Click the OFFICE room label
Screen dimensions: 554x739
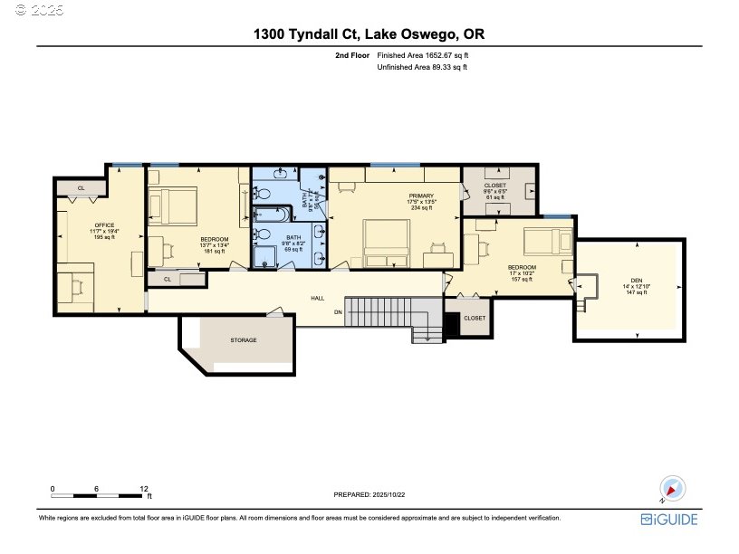pyautogui.click(x=104, y=224)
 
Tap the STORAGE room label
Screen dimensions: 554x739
pyautogui.click(x=244, y=340)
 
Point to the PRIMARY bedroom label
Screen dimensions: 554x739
pyautogui.click(x=421, y=196)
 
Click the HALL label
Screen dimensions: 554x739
pyautogui.click(x=318, y=297)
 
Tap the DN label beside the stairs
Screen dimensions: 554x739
pyautogui.click(x=338, y=312)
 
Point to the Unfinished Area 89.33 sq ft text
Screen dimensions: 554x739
pyautogui.click(x=422, y=67)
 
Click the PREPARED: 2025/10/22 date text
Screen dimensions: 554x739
pyautogui.click(x=371, y=494)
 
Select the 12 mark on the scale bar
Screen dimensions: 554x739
pyautogui.click(x=144, y=488)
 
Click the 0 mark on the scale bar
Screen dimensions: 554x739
pyautogui.click(x=53, y=488)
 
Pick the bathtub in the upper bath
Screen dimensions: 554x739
pyautogui.click(x=268, y=215)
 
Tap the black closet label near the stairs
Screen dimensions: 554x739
pyautogui.click(x=474, y=319)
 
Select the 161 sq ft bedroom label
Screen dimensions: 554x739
pyautogui.click(x=215, y=244)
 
